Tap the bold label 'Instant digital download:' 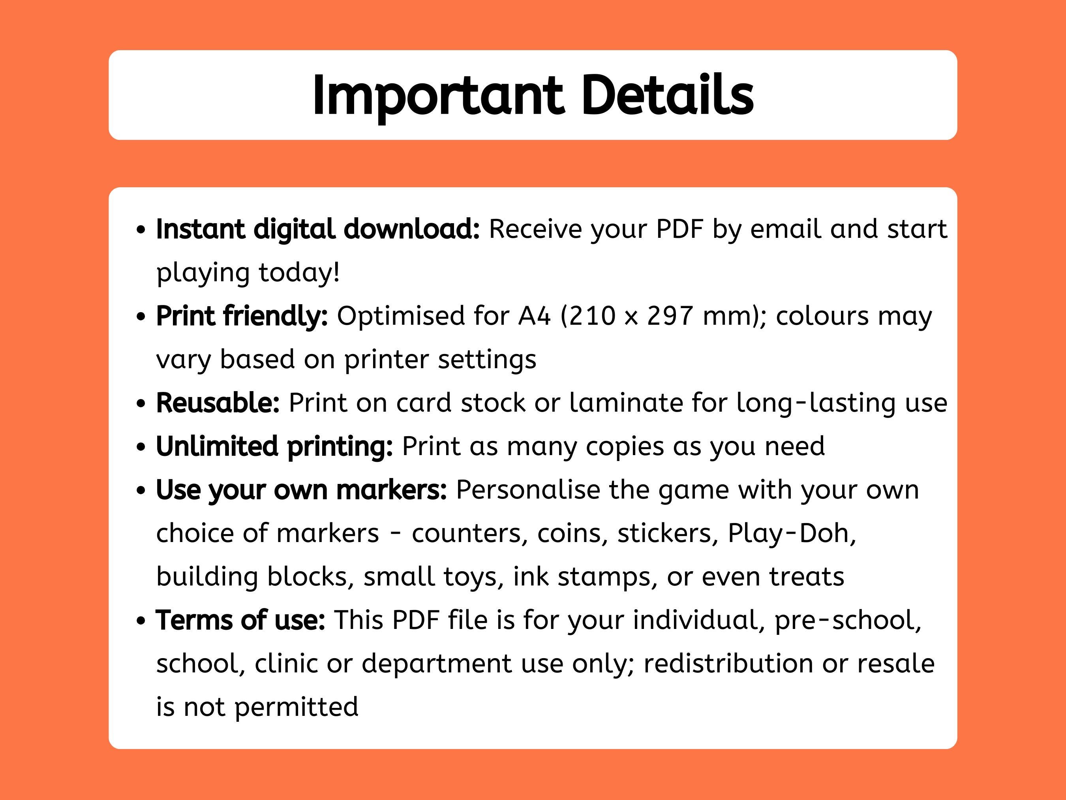click(x=317, y=229)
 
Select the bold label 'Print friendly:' click(x=242, y=316)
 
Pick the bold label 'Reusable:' click(x=218, y=403)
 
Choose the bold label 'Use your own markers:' click(x=301, y=490)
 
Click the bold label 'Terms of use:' click(x=240, y=620)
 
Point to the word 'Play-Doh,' click(x=792, y=534)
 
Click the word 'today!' click(x=299, y=273)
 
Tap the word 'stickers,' click(x=668, y=534)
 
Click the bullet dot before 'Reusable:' click(x=141, y=404)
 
